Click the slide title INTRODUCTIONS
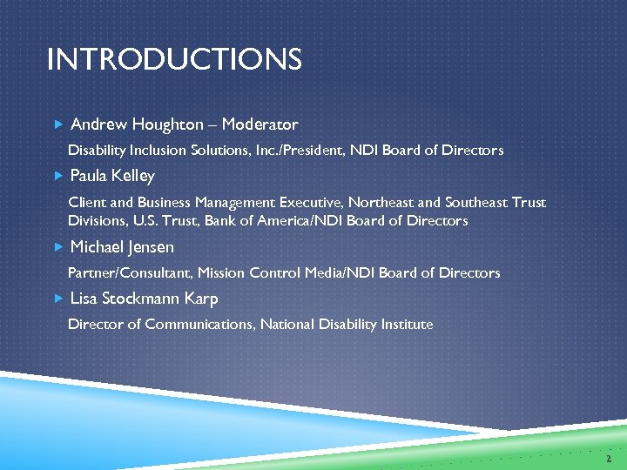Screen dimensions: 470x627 click(x=174, y=60)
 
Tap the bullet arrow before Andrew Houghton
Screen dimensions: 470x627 click(x=57, y=124)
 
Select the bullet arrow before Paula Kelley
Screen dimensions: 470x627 click(x=57, y=176)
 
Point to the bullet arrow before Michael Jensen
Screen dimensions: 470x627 click(x=57, y=247)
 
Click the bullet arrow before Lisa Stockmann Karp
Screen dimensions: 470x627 click(x=57, y=299)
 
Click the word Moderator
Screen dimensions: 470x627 click(x=260, y=124)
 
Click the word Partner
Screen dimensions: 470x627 click(x=92, y=273)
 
